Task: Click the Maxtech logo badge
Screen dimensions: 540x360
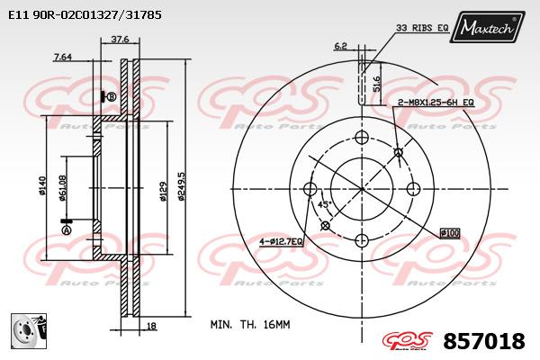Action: (487, 27)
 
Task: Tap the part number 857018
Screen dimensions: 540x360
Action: (484, 341)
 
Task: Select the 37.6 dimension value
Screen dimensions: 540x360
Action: (120, 40)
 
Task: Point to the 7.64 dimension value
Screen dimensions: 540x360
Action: (63, 57)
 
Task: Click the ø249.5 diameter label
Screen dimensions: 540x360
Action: (181, 186)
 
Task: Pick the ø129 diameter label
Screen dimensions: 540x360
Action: (163, 192)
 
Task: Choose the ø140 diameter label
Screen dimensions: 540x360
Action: (42, 186)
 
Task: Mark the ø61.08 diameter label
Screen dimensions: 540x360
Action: (63, 188)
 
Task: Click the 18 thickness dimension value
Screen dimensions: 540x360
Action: (151, 326)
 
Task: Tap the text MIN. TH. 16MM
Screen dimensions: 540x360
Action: (250, 325)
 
